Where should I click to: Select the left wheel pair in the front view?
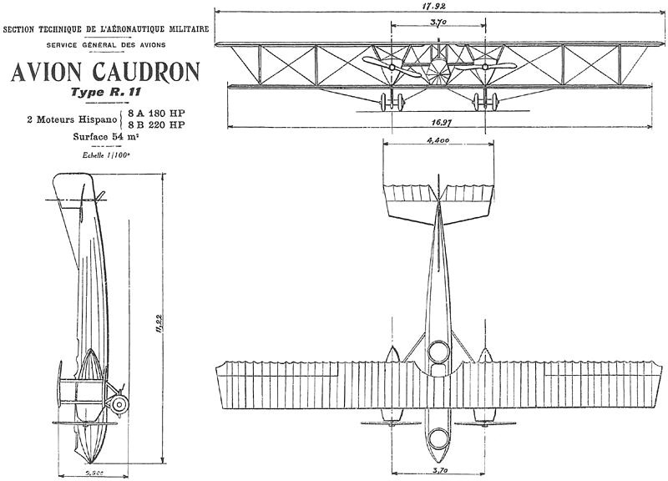click(x=390, y=103)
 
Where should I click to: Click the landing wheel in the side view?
click(x=120, y=405)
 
